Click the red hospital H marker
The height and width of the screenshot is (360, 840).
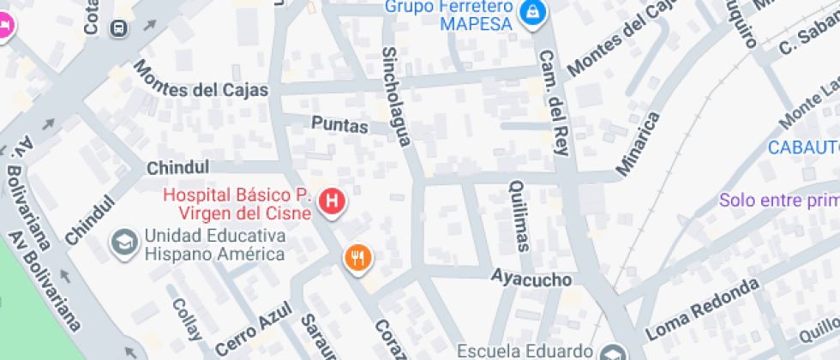[332, 202]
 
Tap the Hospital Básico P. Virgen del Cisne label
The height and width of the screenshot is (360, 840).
[236, 204]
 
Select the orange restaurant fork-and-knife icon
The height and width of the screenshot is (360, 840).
[358, 257]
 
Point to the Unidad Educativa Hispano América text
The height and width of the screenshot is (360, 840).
[214, 244]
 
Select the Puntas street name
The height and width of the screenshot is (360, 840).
[339, 126]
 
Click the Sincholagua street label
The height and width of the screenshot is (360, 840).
[396, 95]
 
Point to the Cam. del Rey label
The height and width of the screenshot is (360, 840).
[553, 102]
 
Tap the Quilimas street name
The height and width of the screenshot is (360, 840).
[518, 215]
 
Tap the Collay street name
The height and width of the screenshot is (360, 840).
[187, 318]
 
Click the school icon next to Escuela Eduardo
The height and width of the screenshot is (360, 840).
[612, 351]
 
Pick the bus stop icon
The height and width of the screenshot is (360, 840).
[117, 28]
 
